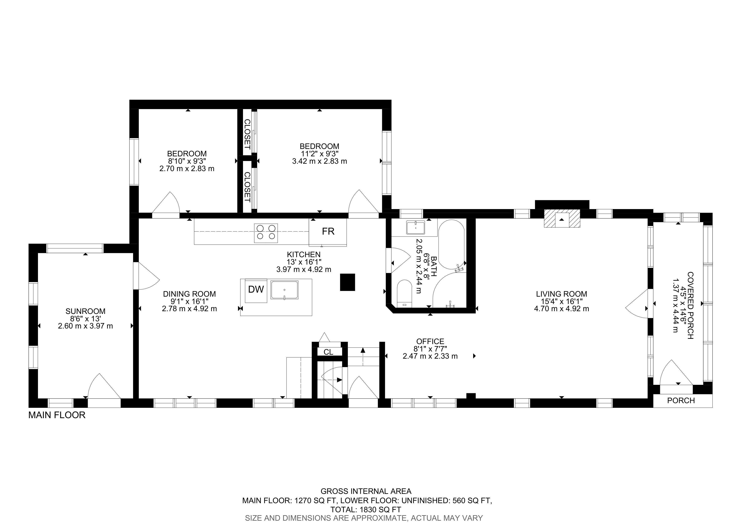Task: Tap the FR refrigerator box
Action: tap(328, 232)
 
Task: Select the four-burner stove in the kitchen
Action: tap(266, 233)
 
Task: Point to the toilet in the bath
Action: tap(405, 293)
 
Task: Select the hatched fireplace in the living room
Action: tap(562, 219)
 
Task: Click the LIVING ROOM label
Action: tap(562, 294)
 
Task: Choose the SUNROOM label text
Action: tap(85, 311)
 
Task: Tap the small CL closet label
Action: tap(328, 352)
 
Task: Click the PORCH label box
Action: tap(681, 401)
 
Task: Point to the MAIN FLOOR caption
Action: tap(57, 415)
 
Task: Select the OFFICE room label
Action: tap(430, 341)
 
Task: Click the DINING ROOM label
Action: tap(189, 294)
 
